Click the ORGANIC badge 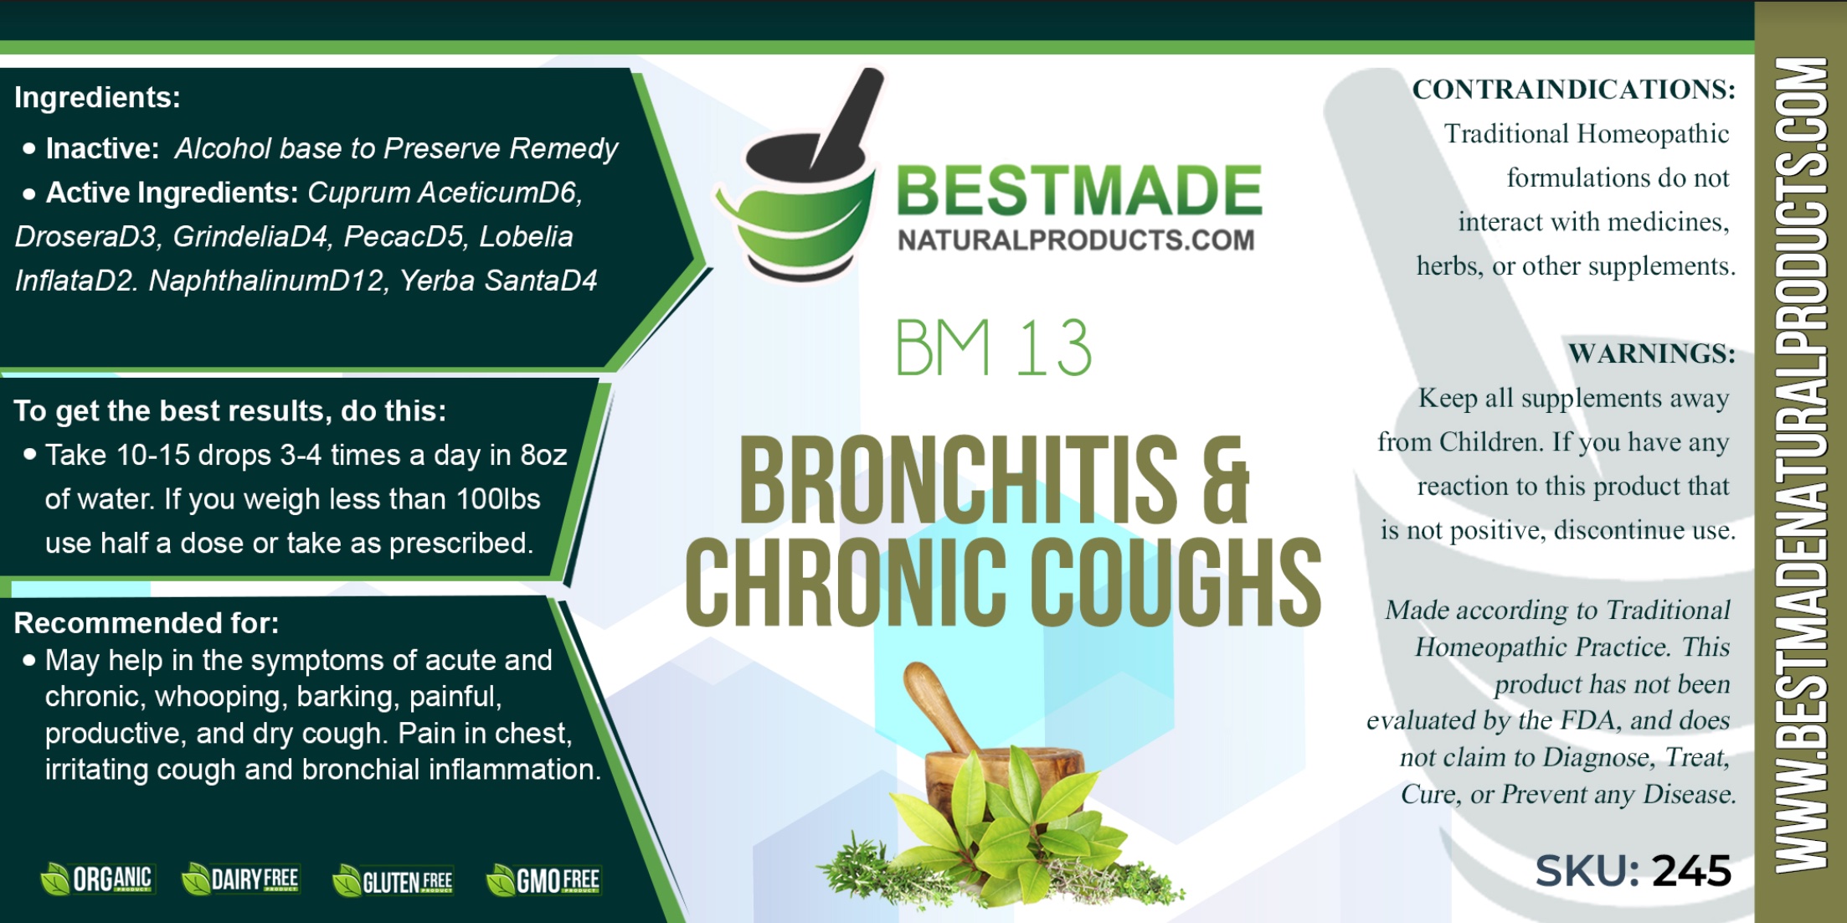[x=97, y=879]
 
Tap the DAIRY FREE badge [x=240, y=879]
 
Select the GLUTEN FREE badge [x=393, y=881]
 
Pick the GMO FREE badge [x=543, y=881]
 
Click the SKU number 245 [x=1691, y=871]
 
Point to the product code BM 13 [x=993, y=348]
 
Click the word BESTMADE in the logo [x=1079, y=191]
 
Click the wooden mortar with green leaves [x=1001, y=787]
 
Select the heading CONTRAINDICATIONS [x=1574, y=90]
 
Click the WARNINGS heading [x=1652, y=353]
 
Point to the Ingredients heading [x=97, y=98]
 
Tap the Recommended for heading [x=147, y=623]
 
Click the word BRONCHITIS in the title [x=958, y=479]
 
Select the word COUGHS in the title [x=1175, y=582]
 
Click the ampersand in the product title [x=1226, y=480]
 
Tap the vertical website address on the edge [x=1800, y=466]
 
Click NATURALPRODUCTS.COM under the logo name [x=1076, y=240]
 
